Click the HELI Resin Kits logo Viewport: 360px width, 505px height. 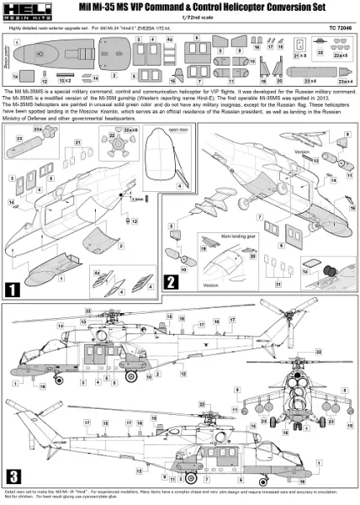21,13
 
